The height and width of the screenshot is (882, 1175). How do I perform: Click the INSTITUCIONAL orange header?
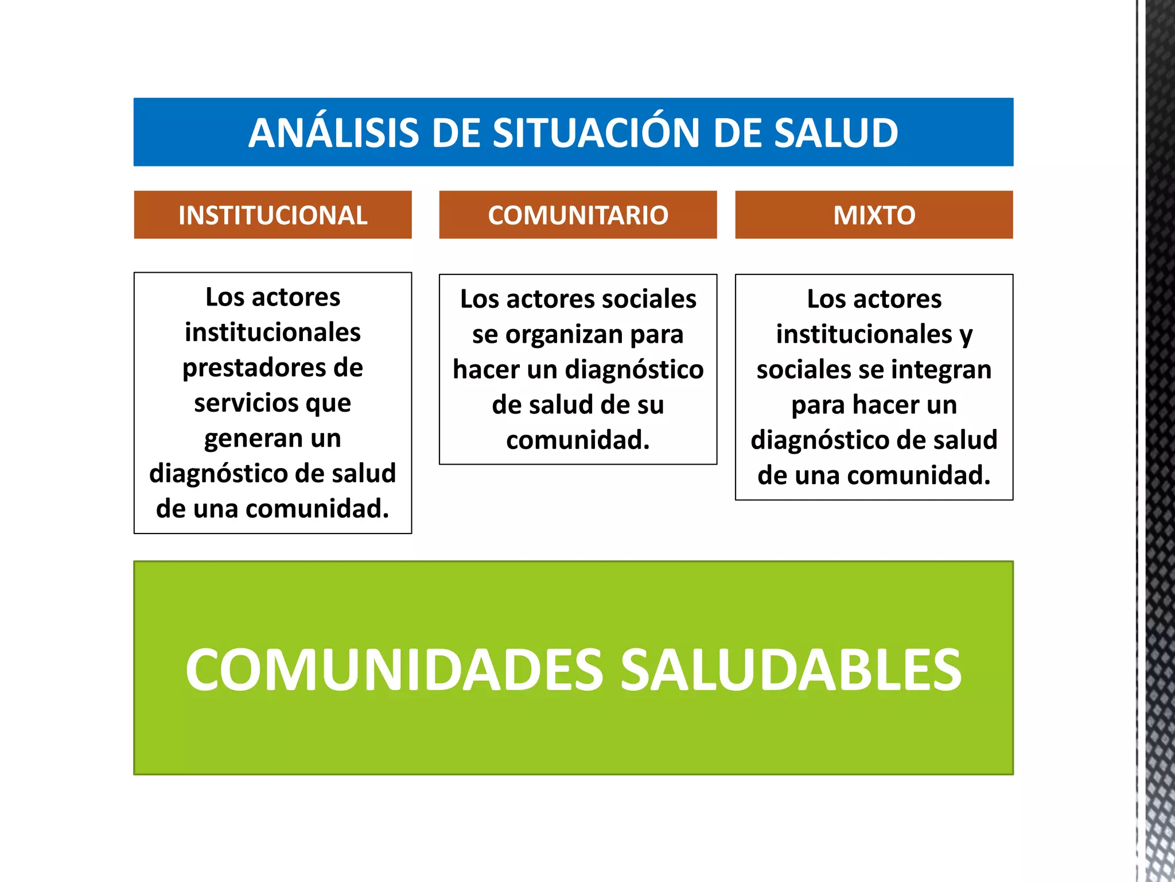[x=273, y=215]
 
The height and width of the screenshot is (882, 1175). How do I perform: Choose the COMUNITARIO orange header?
[x=578, y=215]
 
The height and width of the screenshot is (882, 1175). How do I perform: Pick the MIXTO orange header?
[x=874, y=215]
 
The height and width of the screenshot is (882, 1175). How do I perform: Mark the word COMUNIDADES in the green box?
[x=394, y=670]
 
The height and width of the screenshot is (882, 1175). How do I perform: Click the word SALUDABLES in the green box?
[x=791, y=670]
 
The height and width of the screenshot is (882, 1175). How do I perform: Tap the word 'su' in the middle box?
[x=649, y=405]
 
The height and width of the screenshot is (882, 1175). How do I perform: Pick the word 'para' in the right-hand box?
[x=817, y=405]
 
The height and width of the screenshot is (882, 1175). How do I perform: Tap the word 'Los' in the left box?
[x=225, y=297]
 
